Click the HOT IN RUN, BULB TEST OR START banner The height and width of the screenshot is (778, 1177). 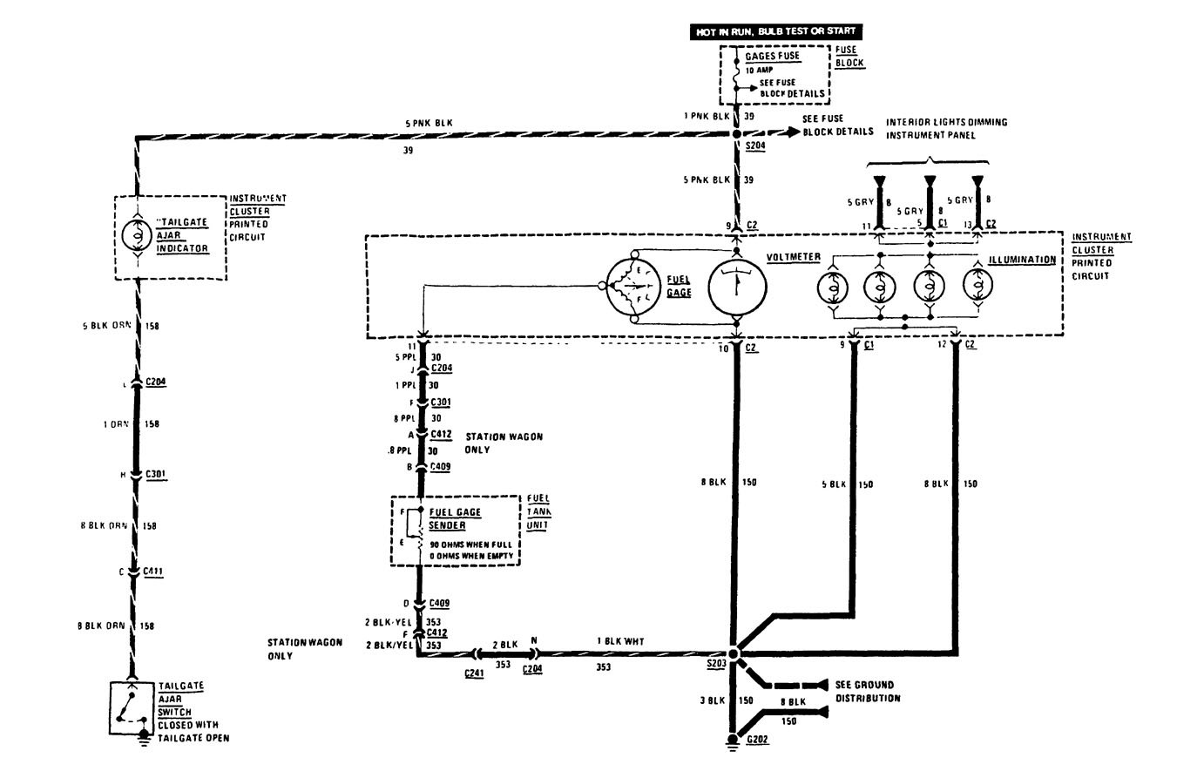775,31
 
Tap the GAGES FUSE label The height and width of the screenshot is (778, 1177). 772,56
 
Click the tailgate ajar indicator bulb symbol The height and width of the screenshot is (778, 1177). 137,236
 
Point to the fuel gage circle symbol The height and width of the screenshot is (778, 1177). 636,287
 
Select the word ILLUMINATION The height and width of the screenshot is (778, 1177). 1022,260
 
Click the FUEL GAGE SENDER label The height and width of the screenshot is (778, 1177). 455,519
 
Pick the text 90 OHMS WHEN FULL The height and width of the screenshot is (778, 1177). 470,545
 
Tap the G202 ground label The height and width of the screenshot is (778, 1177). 757,740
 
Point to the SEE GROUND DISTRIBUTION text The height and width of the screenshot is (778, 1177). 864,692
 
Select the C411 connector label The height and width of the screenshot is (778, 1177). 153,572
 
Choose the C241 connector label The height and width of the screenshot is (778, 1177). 473,673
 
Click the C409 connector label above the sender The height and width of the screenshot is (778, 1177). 441,467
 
